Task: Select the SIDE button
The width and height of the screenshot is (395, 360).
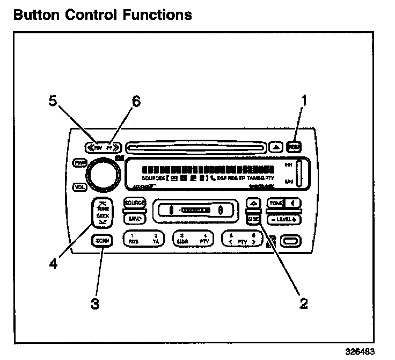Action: (x=254, y=219)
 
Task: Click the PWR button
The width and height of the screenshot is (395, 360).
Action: (x=79, y=162)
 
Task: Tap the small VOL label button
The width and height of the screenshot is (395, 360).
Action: (x=79, y=187)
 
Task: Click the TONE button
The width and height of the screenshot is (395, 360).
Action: (x=276, y=204)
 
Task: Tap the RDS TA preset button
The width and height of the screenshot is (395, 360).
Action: (x=141, y=239)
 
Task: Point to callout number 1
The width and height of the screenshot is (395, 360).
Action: (x=303, y=101)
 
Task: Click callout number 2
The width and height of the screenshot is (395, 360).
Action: (x=303, y=304)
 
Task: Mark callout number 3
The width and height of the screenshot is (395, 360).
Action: (x=94, y=304)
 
